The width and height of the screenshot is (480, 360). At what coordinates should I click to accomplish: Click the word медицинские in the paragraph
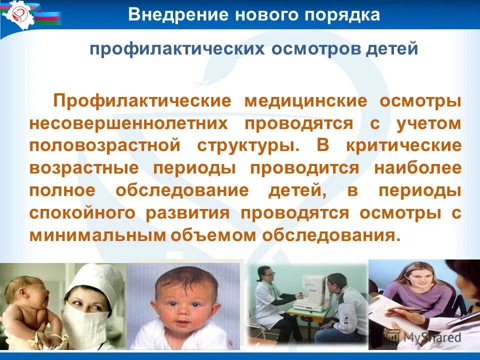pyautogui.click(x=305, y=101)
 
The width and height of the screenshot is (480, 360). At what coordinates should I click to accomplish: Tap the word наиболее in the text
pyautogui.click(x=418, y=168)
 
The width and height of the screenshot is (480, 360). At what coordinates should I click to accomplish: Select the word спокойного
pyautogui.click(x=82, y=213)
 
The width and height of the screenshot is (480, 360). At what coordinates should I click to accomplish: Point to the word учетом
pyautogui.click(x=428, y=123)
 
